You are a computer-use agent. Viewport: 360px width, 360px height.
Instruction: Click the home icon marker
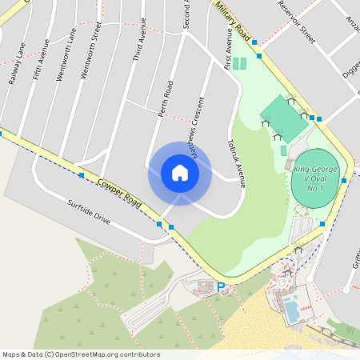(179, 173)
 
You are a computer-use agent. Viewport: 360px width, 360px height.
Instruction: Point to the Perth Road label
(166, 99)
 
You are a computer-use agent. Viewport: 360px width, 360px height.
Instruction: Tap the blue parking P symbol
(221, 286)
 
